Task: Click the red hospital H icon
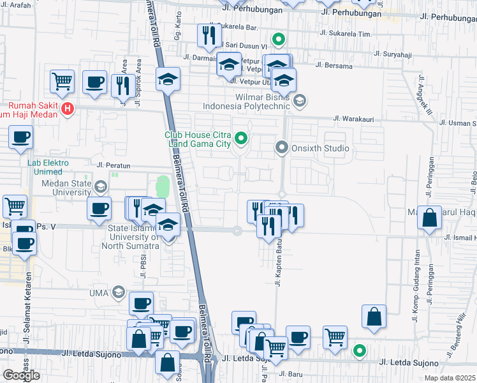pyautogui.click(x=68, y=110)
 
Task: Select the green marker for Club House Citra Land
pyautogui.click(x=240, y=137)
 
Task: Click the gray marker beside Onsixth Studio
pyautogui.click(x=282, y=148)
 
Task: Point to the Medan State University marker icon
pyautogui.click(x=99, y=187)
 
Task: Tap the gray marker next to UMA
pyautogui.click(x=118, y=292)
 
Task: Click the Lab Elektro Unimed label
pyautogui.click(x=45, y=167)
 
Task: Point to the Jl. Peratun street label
pyautogui.click(x=114, y=165)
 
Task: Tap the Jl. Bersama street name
pyautogui.click(x=335, y=65)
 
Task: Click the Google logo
pyautogui.click(x=21, y=375)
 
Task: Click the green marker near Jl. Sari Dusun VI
pyautogui.click(x=278, y=40)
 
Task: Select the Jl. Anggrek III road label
pyautogui.click(x=425, y=96)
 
